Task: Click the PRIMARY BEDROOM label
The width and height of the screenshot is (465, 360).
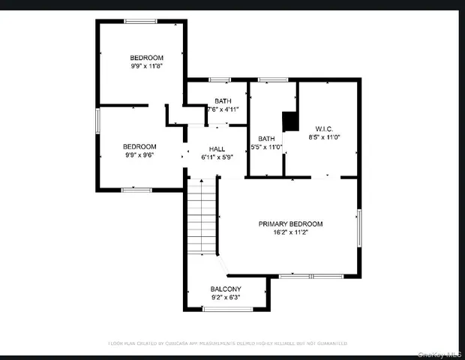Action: (290, 223)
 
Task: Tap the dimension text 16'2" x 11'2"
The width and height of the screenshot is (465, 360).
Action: (290, 233)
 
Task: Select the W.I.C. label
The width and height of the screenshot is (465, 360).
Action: (324, 127)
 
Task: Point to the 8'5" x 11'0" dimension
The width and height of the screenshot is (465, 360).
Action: (324, 137)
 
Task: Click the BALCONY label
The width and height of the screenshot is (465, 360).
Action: (225, 289)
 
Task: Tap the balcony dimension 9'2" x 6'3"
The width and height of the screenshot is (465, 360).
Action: (225, 298)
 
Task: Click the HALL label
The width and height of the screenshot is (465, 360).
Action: (217, 148)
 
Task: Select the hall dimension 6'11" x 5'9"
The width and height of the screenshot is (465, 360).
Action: (217, 157)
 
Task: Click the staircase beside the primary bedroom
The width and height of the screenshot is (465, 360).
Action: (201, 217)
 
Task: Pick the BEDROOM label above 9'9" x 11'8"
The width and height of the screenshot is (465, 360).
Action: (146, 57)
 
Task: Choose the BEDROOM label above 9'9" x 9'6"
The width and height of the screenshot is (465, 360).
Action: (139, 146)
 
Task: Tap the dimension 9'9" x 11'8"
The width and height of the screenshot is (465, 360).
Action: (146, 66)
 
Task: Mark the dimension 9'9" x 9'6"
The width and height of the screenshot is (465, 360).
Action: (139, 156)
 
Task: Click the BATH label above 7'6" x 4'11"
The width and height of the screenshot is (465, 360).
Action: (223, 100)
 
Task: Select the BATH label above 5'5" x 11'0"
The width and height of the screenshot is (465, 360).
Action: (267, 138)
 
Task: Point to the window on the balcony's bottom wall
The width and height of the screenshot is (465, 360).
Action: (225, 308)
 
